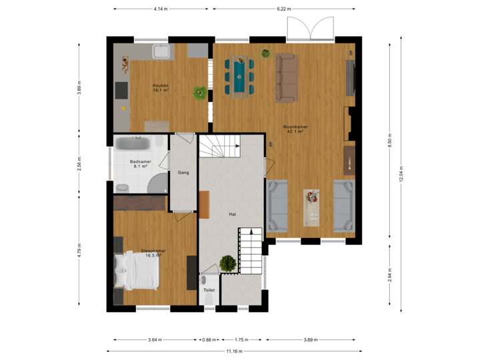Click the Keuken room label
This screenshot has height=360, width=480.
pos(160,87)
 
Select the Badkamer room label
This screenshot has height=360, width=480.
pos(139,163)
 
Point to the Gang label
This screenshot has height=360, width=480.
pos(183,173)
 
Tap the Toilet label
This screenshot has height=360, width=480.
pos(209,291)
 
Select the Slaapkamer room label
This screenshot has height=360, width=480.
pos(153,253)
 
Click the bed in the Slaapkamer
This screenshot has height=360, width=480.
pos(138,271)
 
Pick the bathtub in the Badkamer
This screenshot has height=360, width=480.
pos(139,143)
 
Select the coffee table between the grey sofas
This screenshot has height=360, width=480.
pos(311,206)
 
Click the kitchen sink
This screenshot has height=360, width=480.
pos(161,52)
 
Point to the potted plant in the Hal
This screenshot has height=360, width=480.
pos(228,263)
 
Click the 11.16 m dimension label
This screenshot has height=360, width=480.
pos(234,351)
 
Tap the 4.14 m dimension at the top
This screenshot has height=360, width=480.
pos(160,9)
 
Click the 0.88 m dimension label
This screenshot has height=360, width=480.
pos(209,339)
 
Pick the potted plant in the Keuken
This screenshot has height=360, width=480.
pos(199,93)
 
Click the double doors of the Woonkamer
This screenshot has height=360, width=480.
pos(309,27)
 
